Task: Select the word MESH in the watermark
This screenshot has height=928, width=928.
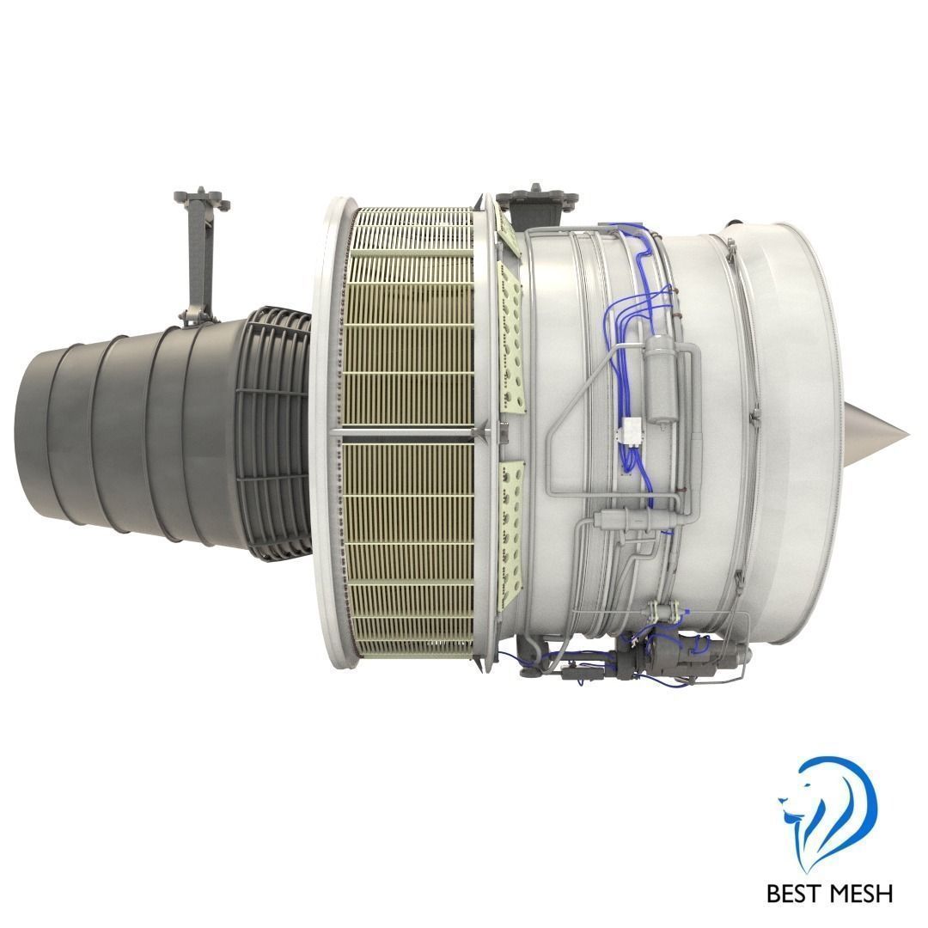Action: (x=861, y=893)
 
